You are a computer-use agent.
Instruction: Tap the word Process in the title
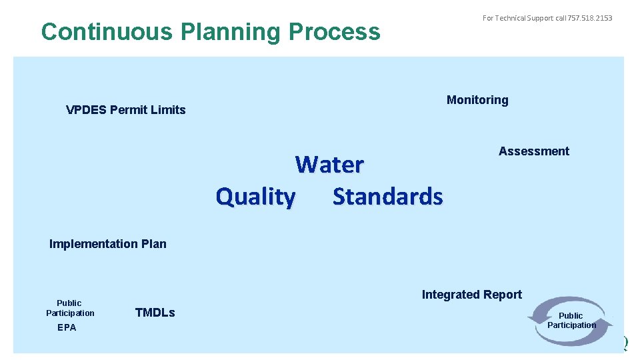pos(340,32)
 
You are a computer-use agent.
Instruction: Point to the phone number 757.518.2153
pos(589,18)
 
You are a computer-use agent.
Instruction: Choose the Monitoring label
pos(477,100)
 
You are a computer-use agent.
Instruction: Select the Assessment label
pos(534,151)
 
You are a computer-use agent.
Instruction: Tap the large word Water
pos(329,164)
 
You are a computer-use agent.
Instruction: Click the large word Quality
pos(255,197)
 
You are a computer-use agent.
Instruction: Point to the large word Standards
pos(387,197)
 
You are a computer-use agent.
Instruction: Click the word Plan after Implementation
pos(153,244)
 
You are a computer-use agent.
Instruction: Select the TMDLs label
pos(155,313)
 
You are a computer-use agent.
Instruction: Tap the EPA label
pos(67,327)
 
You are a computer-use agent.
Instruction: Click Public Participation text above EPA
pos(70,308)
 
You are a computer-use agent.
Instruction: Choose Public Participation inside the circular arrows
pos(571,320)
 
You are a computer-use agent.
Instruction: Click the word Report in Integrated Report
pos(503,295)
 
